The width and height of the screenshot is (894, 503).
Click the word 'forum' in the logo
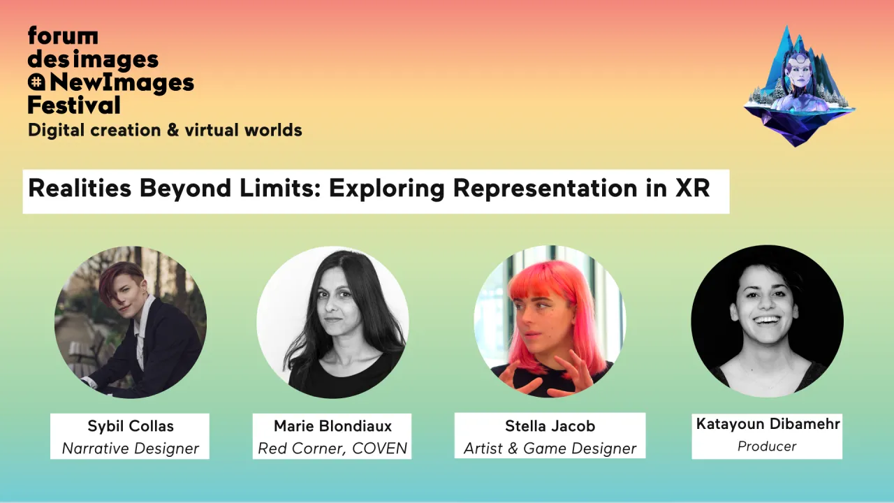63,36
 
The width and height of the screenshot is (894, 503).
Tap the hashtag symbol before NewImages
36,82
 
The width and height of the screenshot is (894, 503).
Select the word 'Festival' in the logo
74,105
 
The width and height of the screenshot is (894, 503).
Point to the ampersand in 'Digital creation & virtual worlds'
173,130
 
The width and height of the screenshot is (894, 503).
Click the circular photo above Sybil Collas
131,322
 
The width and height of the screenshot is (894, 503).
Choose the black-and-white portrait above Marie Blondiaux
332,322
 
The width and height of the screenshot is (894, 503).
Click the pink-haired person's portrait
550,322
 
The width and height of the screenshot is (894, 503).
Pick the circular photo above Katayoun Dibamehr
767,321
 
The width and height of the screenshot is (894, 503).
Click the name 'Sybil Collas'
131,426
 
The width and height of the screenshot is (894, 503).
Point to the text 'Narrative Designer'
131,449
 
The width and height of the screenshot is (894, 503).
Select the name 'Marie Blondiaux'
332,426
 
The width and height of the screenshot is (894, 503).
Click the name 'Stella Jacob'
550,426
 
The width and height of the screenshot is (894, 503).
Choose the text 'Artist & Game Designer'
550,449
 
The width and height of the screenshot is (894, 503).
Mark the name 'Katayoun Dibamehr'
768,424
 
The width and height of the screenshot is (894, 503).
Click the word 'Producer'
767,446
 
